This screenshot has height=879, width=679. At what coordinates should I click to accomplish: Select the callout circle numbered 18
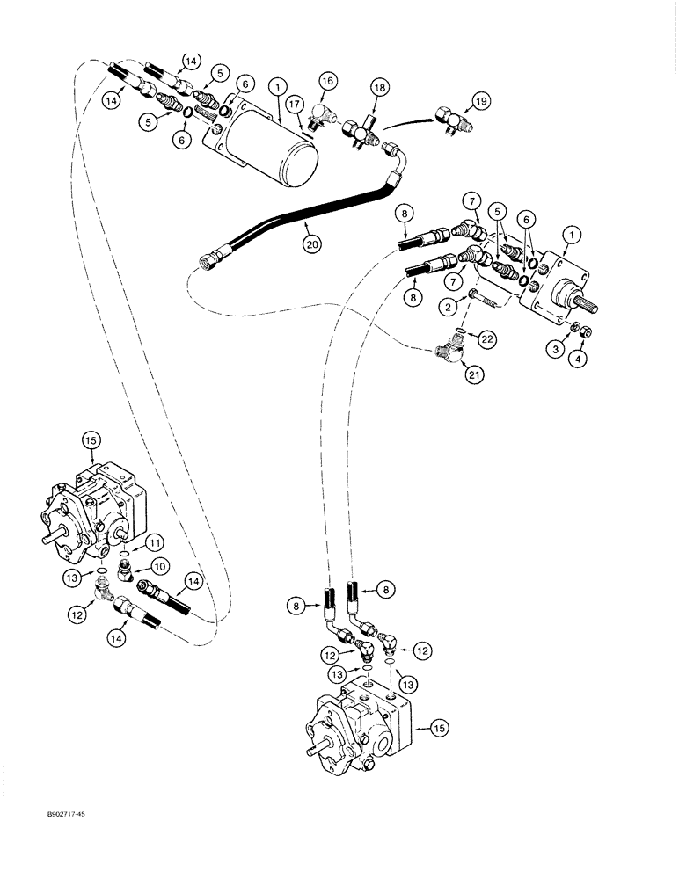click(x=378, y=91)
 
